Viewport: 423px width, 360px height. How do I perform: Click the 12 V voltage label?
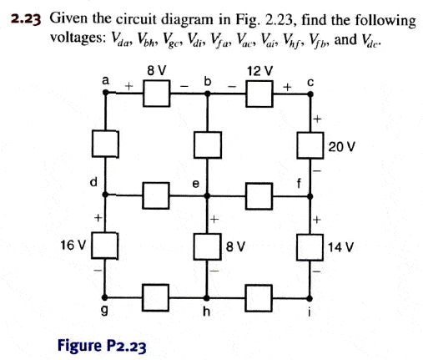pyautogui.click(x=260, y=71)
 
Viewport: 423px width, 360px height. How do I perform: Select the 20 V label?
pyautogui.click(x=341, y=147)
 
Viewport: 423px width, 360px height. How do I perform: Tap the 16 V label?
pyautogui.click(x=73, y=246)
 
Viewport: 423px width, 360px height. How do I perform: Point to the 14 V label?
pyautogui.click(x=341, y=247)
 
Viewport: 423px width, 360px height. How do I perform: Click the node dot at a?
pyautogui.click(x=106, y=93)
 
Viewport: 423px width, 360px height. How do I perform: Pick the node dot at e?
pyautogui.click(x=207, y=195)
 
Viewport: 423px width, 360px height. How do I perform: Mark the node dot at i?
pyautogui.click(x=310, y=298)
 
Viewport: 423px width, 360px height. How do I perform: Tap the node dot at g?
pyautogui.click(x=104, y=297)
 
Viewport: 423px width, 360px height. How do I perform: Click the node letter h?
pyautogui.click(x=206, y=312)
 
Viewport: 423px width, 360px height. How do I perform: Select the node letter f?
pyautogui.click(x=299, y=184)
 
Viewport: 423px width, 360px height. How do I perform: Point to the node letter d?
pyautogui.click(x=94, y=182)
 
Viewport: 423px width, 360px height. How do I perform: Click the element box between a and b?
pyautogui.click(x=157, y=94)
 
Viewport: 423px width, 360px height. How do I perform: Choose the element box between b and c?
pyautogui.click(x=259, y=94)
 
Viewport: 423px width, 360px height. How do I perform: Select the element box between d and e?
pyautogui.click(x=156, y=195)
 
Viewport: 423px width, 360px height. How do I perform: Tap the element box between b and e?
pyautogui.click(x=208, y=145)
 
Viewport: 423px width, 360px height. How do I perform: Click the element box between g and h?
pyautogui.click(x=155, y=297)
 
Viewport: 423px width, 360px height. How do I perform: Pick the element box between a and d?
pyautogui.click(x=105, y=144)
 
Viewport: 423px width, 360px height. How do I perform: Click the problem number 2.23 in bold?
pyautogui.click(x=26, y=19)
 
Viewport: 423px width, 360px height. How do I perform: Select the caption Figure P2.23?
pyautogui.click(x=102, y=346)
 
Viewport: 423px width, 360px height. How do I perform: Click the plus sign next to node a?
pyautogui.click(x=128, y=86)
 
